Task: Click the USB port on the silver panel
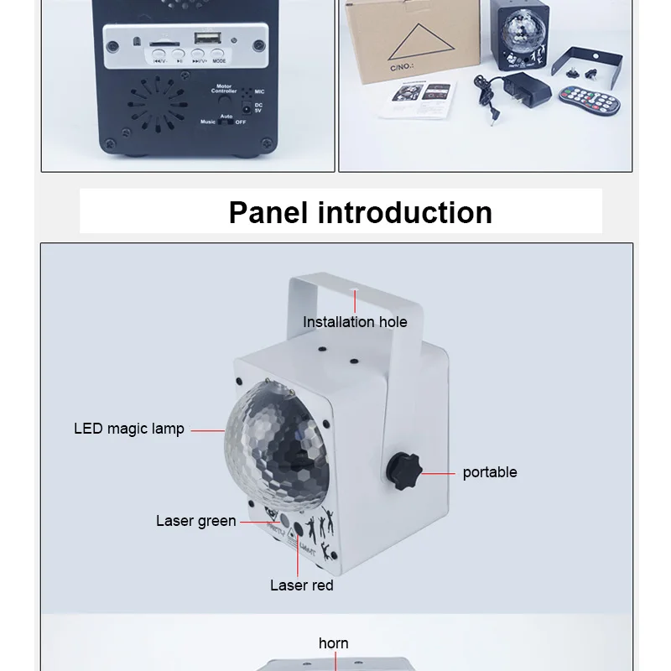[205, 39]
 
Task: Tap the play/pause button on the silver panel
[179, 55]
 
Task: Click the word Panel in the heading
[268, 212]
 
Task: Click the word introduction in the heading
[404, 212]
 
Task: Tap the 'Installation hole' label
[355, 322]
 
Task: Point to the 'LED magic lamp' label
[129, 429]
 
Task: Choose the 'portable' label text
[490, 472]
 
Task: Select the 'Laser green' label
[196, 521]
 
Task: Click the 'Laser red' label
[301, 585]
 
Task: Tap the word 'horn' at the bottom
[334, 643]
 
